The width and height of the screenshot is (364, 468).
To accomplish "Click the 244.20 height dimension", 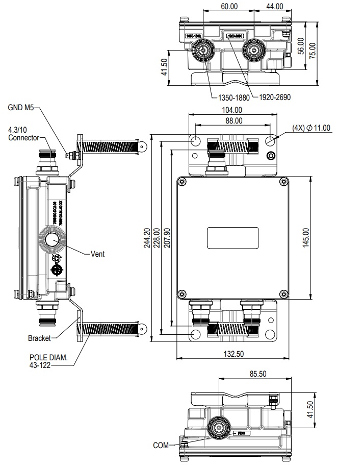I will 147,238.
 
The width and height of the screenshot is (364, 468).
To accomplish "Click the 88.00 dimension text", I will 234,120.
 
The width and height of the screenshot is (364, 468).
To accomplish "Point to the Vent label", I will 97,254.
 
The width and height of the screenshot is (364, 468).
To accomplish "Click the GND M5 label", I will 20,108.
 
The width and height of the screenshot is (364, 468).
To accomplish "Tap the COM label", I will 161,446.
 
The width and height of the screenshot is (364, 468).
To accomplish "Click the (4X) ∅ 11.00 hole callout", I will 311,128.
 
